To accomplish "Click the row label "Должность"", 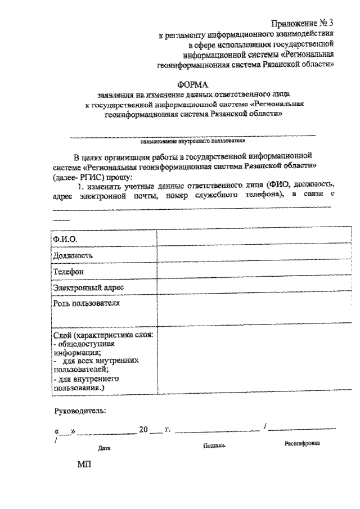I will [x=73, y=255].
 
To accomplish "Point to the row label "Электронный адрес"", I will [x=89, y=287].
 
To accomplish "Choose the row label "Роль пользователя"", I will [x=87, y=304].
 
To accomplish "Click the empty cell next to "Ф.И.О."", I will [x=247, y=239].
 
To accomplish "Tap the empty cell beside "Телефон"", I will [x=247, y=271].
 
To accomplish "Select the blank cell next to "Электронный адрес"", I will [x=247, y=287].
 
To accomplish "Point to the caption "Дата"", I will [x=103, y=448].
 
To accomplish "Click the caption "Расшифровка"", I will [x=302, y=443].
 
